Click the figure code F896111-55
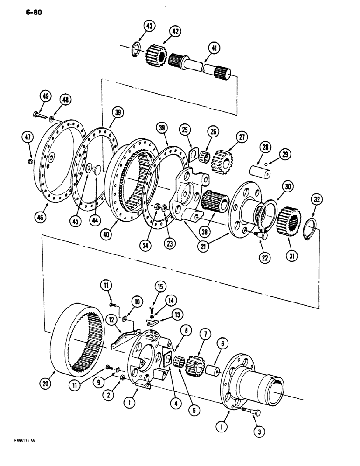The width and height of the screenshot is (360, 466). coord(23,452)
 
